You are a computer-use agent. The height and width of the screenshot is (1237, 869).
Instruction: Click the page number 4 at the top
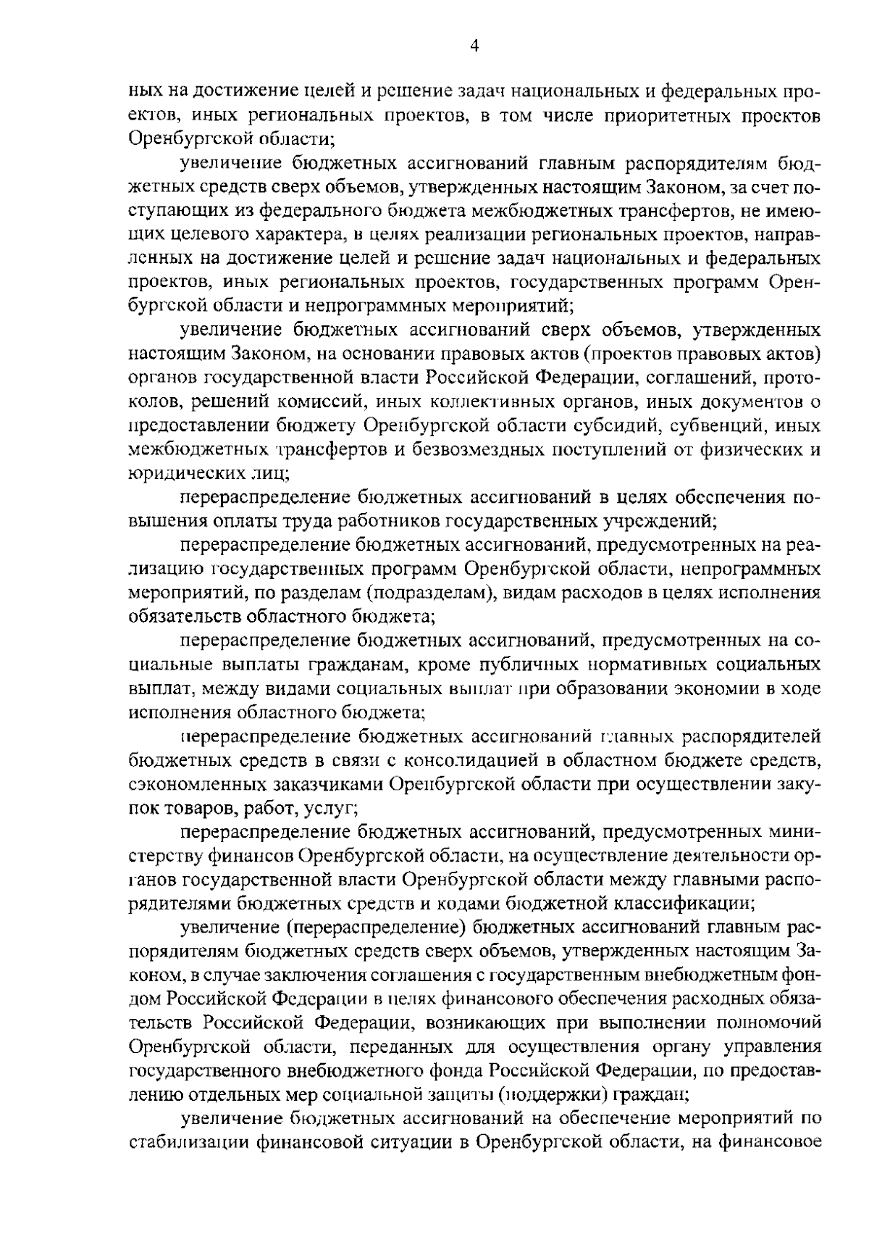point(474,46)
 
